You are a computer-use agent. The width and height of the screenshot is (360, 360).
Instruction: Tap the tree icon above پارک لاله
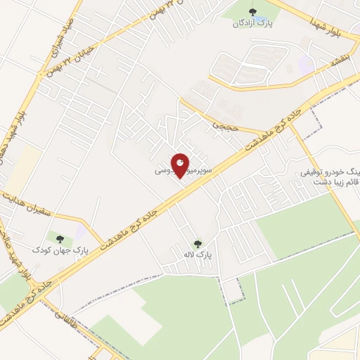click(198, 243)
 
